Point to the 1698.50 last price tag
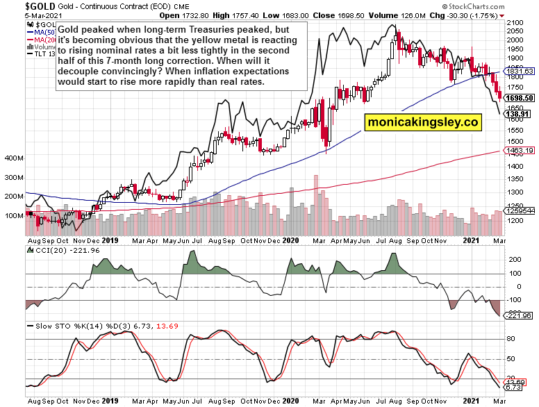pyautogui.click(x=520, y=99)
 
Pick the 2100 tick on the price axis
pyautogui.click(x=515, y=23)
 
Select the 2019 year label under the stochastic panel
pyautogui.click(x=110, y=401)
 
